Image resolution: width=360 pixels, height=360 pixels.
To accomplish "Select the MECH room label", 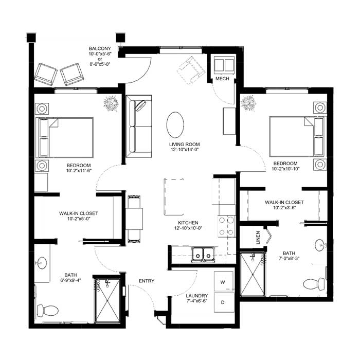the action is [x=222, y=79].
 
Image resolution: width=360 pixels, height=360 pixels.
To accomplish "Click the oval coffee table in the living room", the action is [x=175, y=125].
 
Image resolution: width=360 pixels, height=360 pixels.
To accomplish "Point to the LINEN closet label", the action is [x=258, y=238].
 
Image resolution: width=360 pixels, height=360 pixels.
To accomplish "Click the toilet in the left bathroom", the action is [x=47, y=311].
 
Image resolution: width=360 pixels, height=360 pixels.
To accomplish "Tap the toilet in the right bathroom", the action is [x=314, y=284].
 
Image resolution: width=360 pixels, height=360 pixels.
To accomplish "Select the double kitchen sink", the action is [x=203, y=254].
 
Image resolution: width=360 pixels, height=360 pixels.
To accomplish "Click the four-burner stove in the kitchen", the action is [x=226, y=226].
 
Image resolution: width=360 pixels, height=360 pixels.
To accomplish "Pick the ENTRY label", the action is [x=147, y=281].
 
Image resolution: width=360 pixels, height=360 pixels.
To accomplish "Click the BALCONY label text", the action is [x=100, y=49].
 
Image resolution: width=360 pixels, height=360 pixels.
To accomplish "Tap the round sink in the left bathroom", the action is [x=42, y=263].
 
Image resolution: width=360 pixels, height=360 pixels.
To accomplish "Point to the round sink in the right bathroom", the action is [x=320, y=245].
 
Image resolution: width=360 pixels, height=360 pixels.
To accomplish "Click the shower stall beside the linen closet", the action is [x=253, y=274].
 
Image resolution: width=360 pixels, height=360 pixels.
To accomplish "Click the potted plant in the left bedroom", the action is [x=111, y=103].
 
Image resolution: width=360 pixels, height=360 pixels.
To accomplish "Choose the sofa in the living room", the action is [x=139, y=127].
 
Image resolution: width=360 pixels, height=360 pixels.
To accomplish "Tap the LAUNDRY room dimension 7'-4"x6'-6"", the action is [x=197, y=301].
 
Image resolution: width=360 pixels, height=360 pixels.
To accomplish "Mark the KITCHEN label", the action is [x=188, y=223].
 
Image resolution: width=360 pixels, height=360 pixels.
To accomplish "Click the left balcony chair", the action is [x=46, y=75].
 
